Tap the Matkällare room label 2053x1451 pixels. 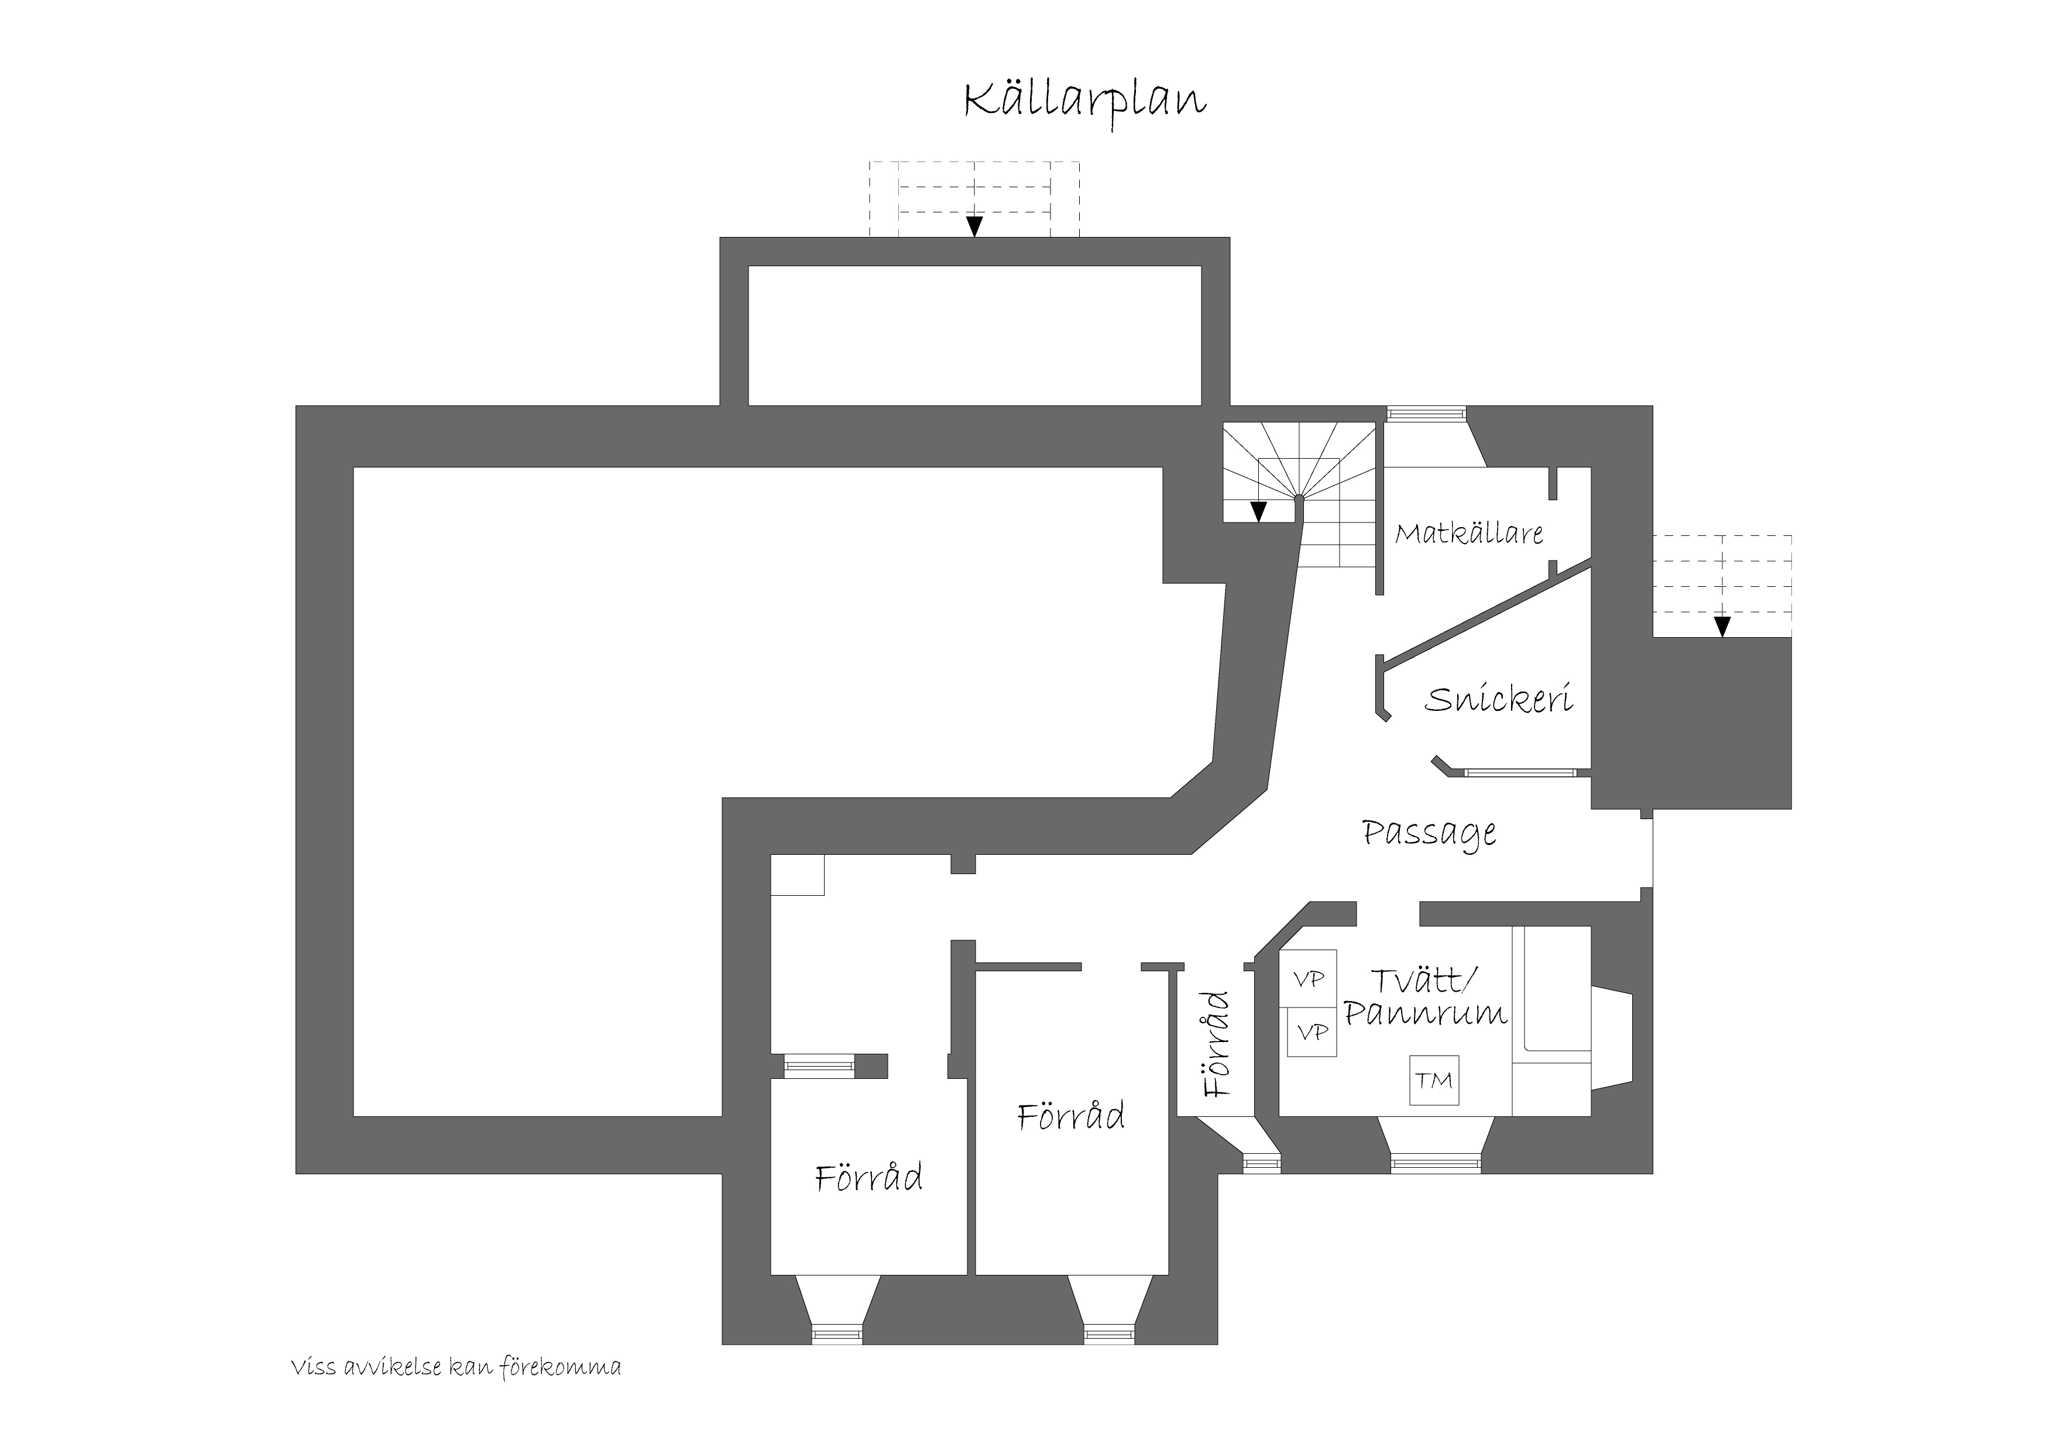[x=1469, y=534]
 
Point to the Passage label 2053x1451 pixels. [x=1429, y=833]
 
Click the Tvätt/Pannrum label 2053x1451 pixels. [x=1425, y=997]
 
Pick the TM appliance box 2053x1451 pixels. [x=1434, y=1080]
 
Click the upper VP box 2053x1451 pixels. [x=1309, y=978]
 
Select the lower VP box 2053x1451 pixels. [x=1312, y=1031]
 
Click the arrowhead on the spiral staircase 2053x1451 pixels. [x=1258, y=511]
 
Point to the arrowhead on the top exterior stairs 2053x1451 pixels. [x=974, y=226]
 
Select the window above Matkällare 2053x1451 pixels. [x=1426, y=413]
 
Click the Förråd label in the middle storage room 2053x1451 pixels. [x=1071, y=1117]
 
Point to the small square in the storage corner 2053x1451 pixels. [x=798, y=875]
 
